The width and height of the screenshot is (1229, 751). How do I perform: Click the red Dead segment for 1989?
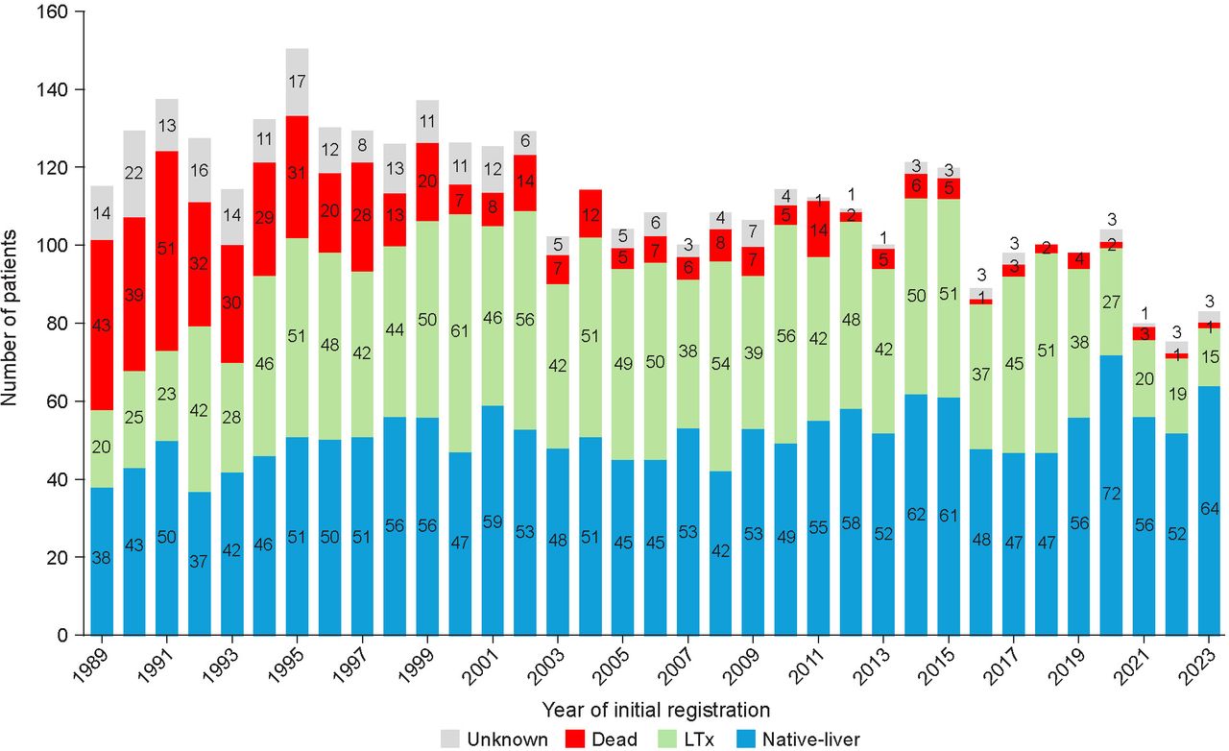tap(102, 326)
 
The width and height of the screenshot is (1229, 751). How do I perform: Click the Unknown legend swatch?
tap(450, 739)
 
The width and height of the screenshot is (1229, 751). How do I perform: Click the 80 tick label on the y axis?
tap(58, 324)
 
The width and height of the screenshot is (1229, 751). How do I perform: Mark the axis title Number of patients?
tap(12, 325)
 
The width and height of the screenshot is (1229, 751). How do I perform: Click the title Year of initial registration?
tap(656, 711)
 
